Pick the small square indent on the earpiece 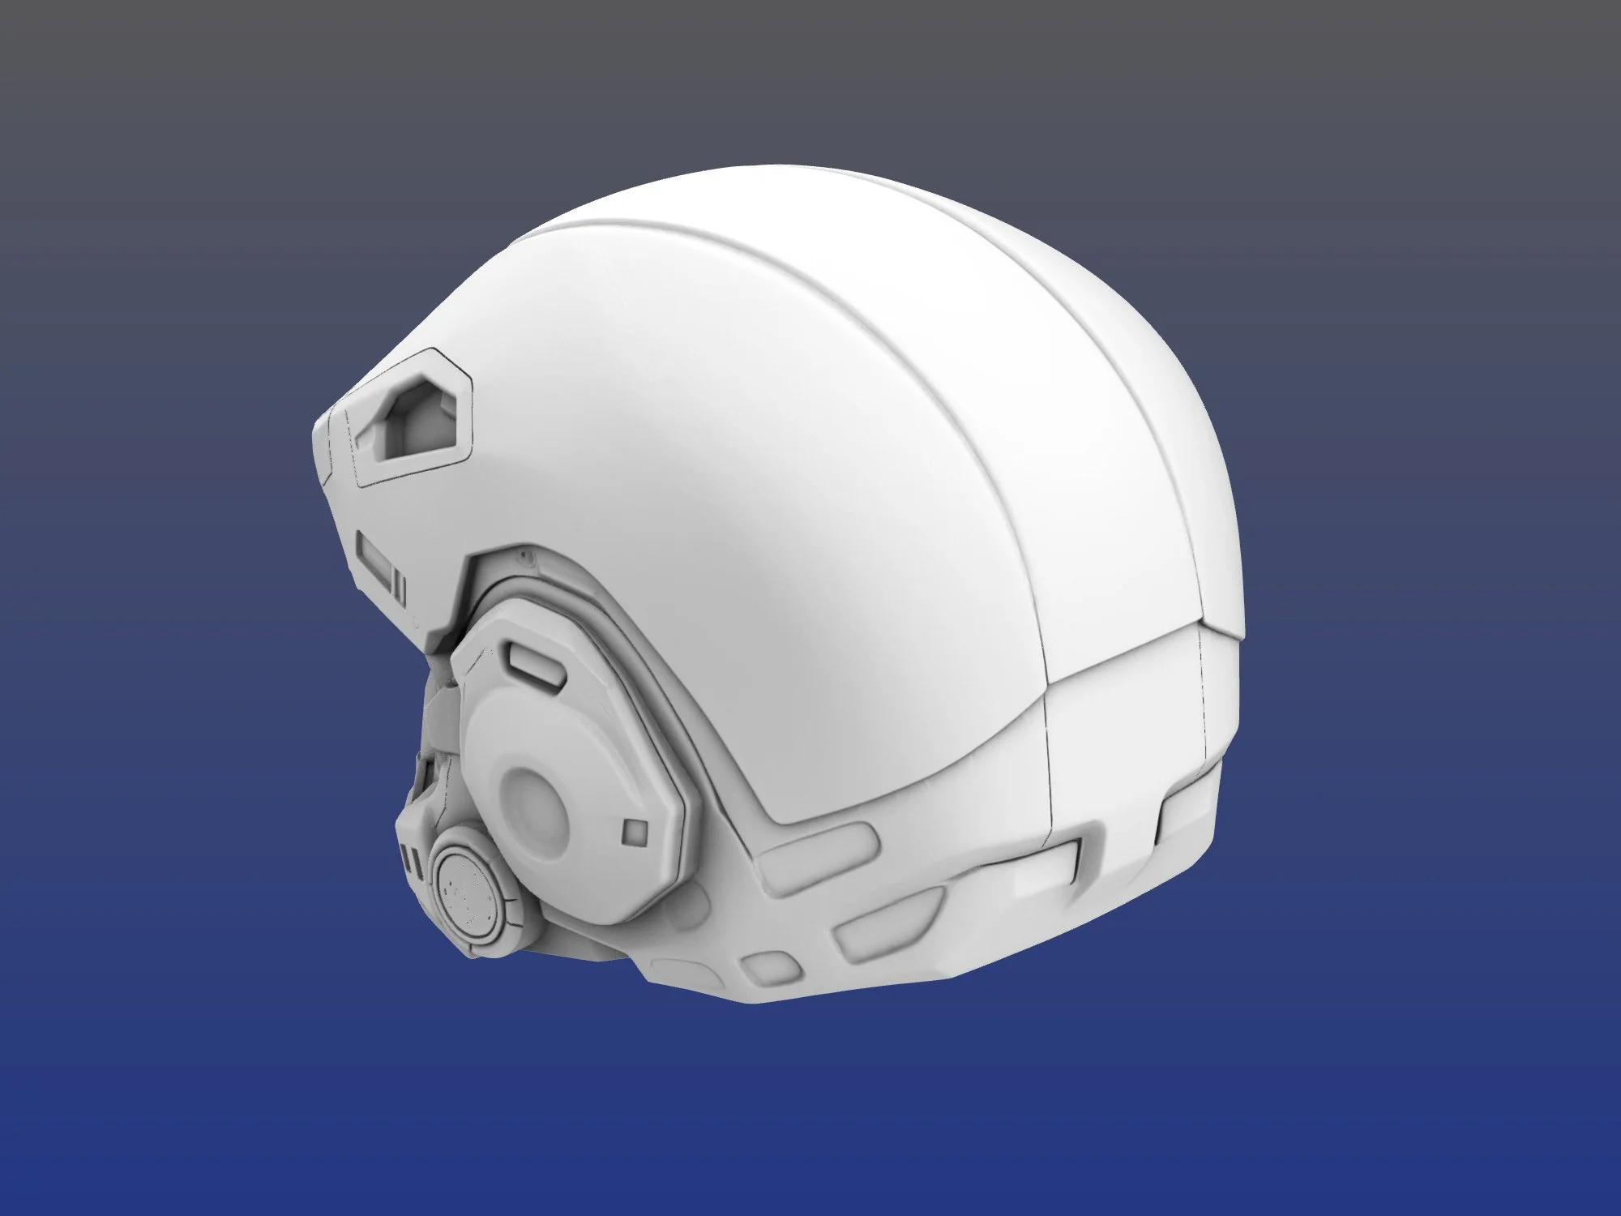tap(633, 830)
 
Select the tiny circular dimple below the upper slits tap(415, 624)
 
